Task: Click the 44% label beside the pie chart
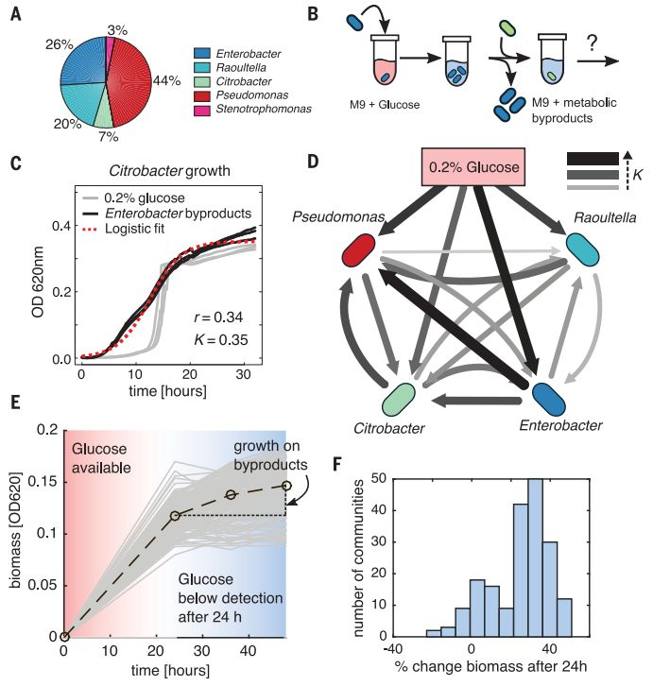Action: coord(168,80)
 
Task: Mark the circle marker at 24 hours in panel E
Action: coord(174,515)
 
